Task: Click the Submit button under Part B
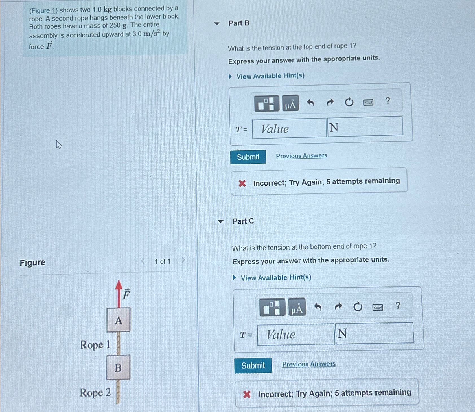coord(248,157)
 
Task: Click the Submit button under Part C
coord(253,365)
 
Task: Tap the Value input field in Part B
coord(289,128)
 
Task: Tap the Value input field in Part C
coord(296,334)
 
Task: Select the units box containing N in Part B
coord(365,126)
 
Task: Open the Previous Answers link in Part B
coord(301,156)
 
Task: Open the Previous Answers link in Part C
coord(309,364)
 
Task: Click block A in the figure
coord(119,320)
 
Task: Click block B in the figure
coord(118,367)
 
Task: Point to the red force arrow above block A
coord(119,294)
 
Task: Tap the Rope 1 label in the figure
coord(95,345)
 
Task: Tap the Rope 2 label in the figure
coord(95,393)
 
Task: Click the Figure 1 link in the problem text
coord(43,11)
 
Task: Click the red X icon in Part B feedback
coord(242,184)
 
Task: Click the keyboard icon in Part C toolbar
coord(378,307)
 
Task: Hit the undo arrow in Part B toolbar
coord(310,103)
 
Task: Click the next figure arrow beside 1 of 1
coord(183,260)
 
